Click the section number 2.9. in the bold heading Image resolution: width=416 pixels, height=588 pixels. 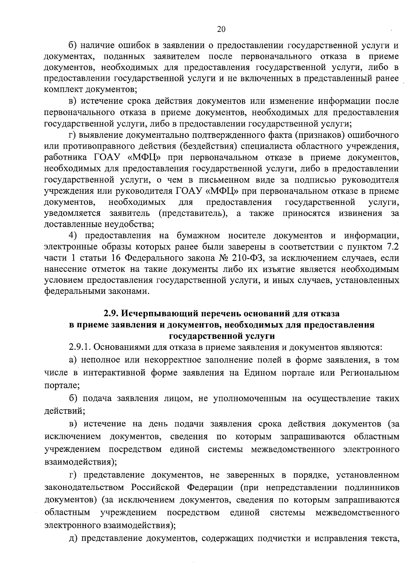pos(112,314)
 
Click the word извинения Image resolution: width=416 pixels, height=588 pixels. pos(360,213)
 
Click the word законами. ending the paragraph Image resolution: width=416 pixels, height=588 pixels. pos(129,291)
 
